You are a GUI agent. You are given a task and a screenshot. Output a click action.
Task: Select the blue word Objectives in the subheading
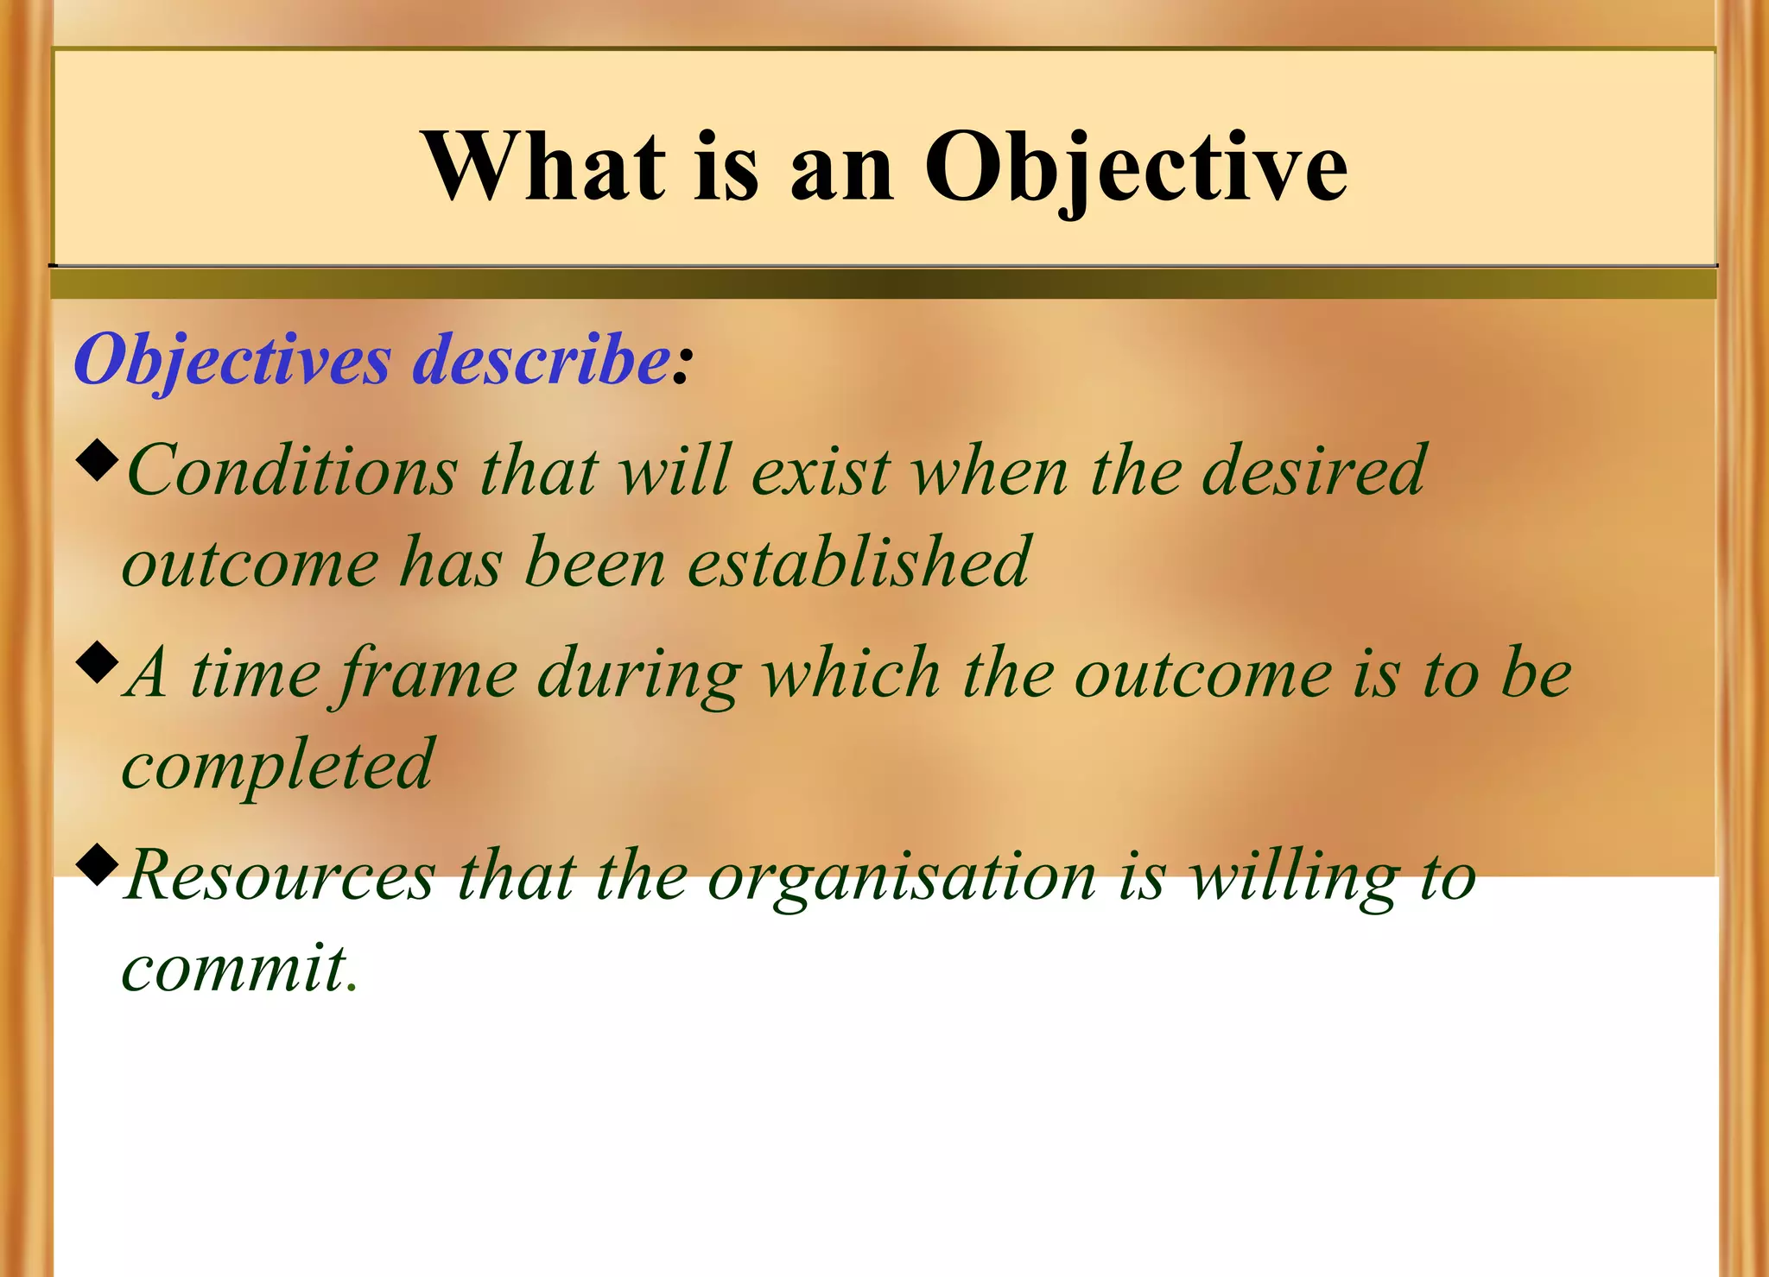[232, 360]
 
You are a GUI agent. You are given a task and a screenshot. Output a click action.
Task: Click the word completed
[277, 766]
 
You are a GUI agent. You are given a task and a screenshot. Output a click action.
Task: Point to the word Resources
[280, 877]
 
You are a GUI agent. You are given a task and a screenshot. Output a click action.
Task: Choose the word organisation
[902, 877]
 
